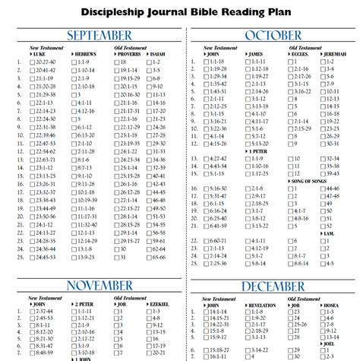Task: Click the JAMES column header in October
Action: point(256,54)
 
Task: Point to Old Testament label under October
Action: point(306,47)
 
